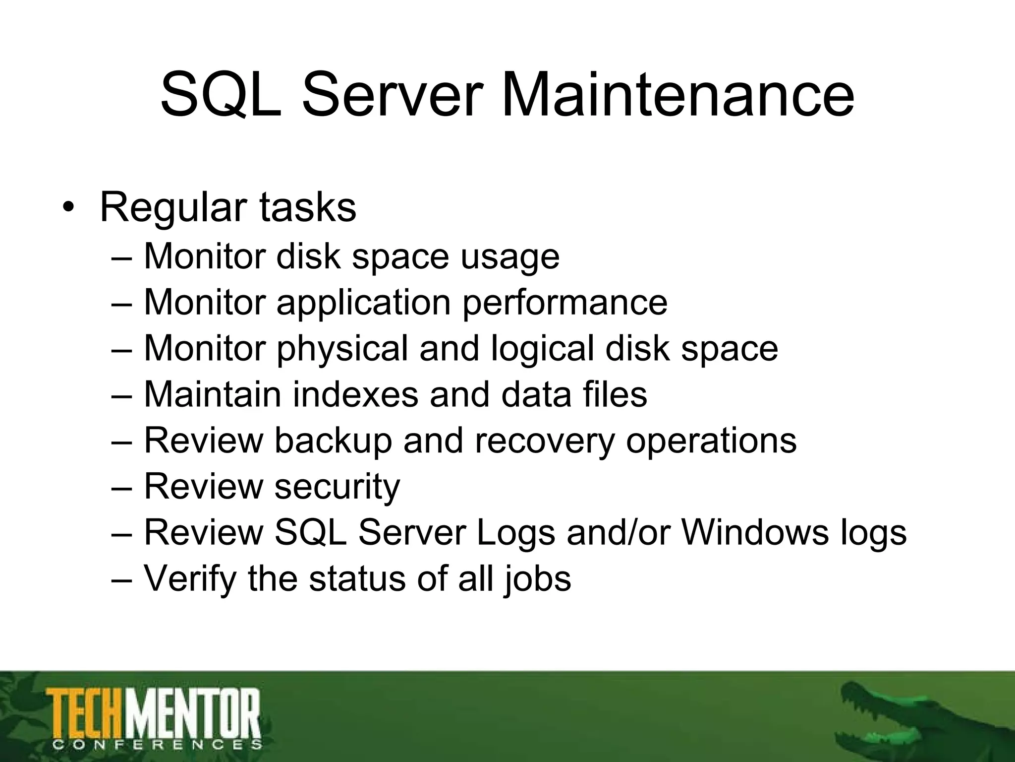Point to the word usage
(x=510, y=258)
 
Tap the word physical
(x=342, y=349)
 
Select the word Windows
(x=755, y=533)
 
